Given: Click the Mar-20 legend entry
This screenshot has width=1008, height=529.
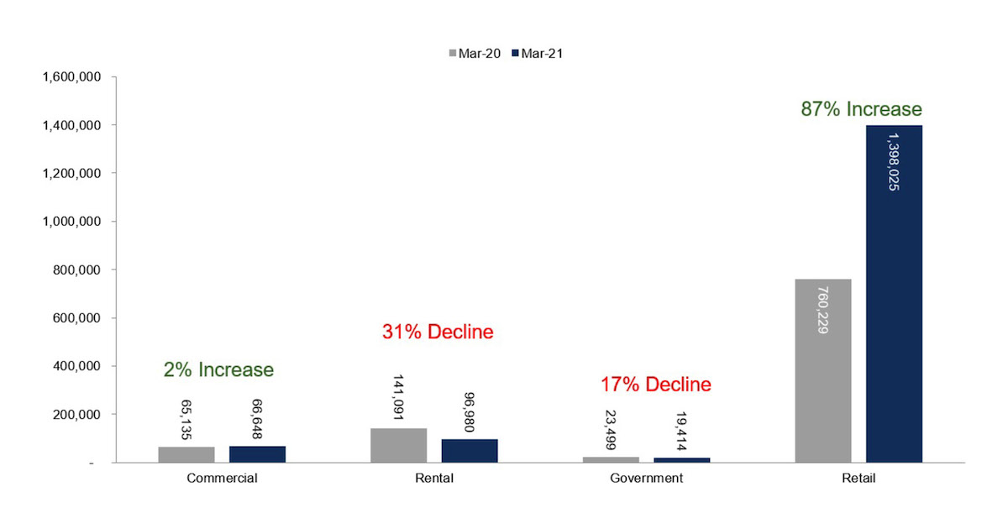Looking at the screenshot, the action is (475, 54).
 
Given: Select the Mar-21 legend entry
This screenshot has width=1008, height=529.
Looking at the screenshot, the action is (538, 54).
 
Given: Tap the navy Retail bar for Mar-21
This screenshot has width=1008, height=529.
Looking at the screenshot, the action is (894, 294).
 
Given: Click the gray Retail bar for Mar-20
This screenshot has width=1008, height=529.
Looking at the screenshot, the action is (823, 370).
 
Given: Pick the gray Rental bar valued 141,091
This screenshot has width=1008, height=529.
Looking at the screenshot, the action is (399, 445).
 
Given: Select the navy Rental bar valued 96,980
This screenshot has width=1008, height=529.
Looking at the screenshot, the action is (470, 451).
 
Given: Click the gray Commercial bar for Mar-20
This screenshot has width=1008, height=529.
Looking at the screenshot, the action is (186, 454).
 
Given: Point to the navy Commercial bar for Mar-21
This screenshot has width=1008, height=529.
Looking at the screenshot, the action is (257, 454).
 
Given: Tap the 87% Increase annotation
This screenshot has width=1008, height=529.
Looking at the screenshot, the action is (861, 109).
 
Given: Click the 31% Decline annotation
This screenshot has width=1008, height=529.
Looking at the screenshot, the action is (438, 332).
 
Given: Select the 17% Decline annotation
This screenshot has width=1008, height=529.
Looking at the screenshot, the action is (656, 385).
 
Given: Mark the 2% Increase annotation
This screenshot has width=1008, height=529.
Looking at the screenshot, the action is (218, 369).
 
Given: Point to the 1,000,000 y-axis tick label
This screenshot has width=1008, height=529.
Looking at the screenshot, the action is (71, 222).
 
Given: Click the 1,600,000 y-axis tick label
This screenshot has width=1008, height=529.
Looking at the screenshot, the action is (71, 77).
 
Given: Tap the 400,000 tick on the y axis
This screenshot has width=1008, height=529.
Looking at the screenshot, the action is (76, 366).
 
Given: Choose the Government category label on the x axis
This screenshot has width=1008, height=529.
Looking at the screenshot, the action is (646, 478).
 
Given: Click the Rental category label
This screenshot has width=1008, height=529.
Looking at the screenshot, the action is (434, 478).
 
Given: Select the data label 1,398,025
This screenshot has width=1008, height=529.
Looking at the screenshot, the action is (894, 162).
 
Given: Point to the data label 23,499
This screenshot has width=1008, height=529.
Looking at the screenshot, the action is (611, 430).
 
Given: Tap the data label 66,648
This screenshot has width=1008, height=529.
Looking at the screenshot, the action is (257, 419).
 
